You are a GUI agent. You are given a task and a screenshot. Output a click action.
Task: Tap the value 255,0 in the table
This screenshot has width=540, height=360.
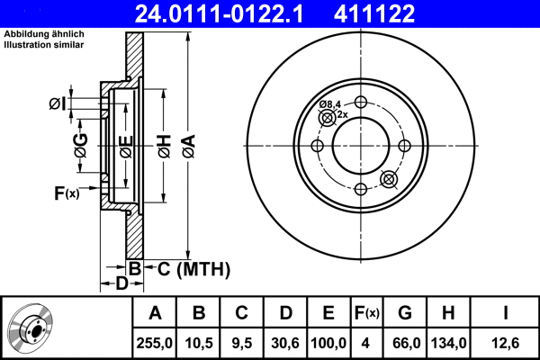[155, 341]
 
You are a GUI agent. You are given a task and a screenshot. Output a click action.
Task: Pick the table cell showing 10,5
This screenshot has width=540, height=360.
[199, 341]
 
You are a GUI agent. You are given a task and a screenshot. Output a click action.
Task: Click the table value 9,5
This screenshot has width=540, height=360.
[241, 341]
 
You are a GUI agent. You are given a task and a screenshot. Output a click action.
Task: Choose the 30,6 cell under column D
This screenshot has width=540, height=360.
[284, 341]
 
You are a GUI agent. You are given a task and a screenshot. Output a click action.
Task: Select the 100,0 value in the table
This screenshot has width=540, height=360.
[328, 341]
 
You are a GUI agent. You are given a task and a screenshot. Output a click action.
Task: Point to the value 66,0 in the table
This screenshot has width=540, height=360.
[405, 341]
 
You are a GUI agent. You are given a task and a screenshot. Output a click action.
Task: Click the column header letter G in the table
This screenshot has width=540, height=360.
[405, 313]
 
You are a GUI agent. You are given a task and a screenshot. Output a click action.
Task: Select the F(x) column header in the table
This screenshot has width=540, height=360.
[367, 313]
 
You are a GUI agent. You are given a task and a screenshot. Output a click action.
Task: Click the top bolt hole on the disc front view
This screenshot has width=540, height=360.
[361, 102]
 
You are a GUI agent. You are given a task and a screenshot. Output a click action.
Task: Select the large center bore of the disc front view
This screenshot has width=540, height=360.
[361, 146]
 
